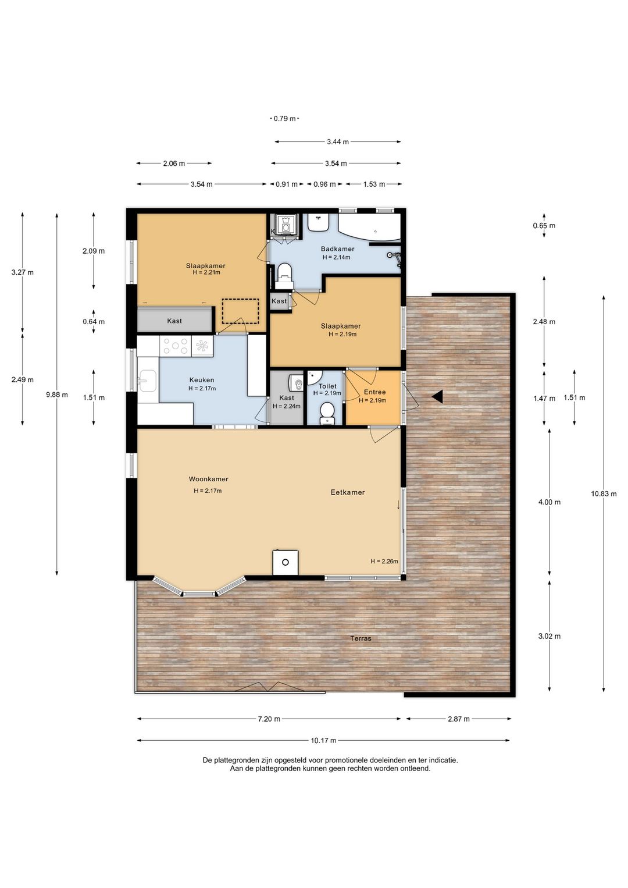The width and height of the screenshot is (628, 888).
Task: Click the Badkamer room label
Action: pyautogui.click(x=337, y=249)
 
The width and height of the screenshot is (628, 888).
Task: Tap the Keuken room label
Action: pyautogui.click(x=202, y=380)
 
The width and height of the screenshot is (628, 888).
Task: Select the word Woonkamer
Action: pyautogui.click(x=208, y=479)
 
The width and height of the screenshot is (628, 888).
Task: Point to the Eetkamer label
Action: pyautogui.click(x=348, y=492)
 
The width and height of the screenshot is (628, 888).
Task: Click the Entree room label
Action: pyautogui.click(x=374, y=392)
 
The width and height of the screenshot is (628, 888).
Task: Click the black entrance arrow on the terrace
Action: pyautogui.click(x=437, y=396)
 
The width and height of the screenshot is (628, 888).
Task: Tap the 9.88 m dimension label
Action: pyautogui.click(x=57, y=395)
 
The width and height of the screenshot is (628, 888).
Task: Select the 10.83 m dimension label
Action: pyautogui.click(x=604, y=494)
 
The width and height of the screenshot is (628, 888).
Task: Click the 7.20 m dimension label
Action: pyautogui.click(x=269, y=719)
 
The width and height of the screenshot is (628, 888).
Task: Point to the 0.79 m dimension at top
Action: pyautogui.click(x=284, y=119)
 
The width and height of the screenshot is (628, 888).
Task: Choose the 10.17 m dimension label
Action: pyautogui.click(x=323, y=740)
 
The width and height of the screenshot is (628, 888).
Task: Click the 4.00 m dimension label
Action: pyautogui.click(x=549, y=502)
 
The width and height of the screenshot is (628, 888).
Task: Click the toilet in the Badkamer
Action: pyautogui.click(x=284, y=275)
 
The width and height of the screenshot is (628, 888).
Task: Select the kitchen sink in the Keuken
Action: pyautogui.click(x=147, y=381)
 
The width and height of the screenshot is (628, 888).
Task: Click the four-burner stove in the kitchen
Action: pyautogui.click(x=176, y=345)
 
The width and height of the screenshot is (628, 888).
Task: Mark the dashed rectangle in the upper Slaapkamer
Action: pyautogui.click(x=240, y=311)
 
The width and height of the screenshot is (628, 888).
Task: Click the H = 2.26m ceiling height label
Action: pyautogui.click(x=384, y=562)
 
